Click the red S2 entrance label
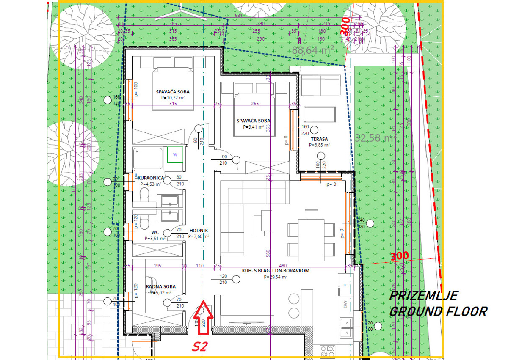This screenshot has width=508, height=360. (200, 347)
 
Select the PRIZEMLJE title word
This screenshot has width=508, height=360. (423, 295)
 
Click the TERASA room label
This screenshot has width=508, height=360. (319, 139)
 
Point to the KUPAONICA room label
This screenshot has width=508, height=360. (150, 178)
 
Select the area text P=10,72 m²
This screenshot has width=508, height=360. (172, 98)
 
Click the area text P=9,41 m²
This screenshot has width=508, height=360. (253, 126)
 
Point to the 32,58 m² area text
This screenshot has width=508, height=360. (373, 138)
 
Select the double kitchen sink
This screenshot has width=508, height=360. (346, 324)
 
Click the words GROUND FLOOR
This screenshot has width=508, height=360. (438, 312)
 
